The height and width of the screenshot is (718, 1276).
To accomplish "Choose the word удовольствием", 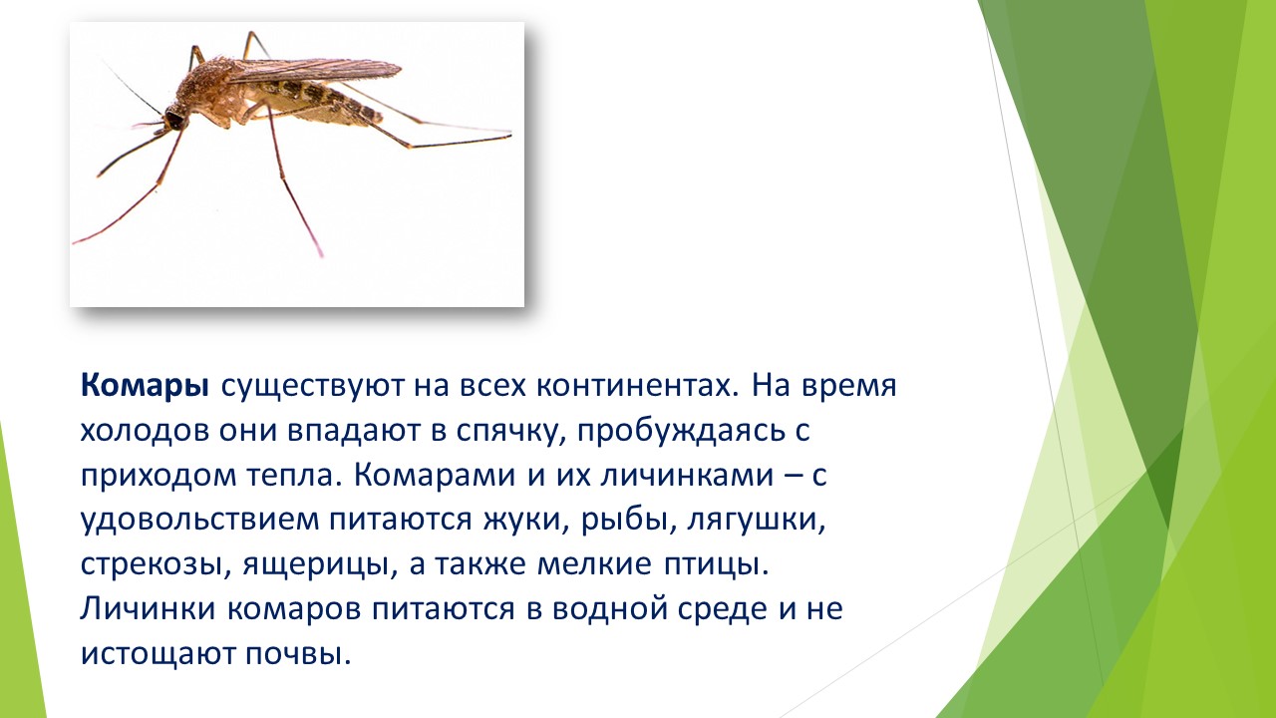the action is (x=199, y=522).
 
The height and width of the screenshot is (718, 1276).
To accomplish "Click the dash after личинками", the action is (x=787, y=477).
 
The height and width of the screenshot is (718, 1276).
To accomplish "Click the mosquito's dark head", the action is (x=174, y=119).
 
